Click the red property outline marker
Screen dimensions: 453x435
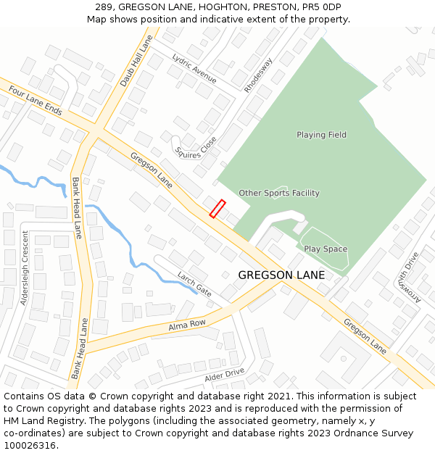(x=217, y=208)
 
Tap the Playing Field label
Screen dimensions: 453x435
(x=321, y=135)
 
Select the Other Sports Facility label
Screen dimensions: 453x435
(x=279, y=193)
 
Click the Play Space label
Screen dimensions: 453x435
(x=326, y=249)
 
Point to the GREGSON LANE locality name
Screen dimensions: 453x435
(x=281, y=275)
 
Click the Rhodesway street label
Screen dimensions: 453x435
(x=258, y=75)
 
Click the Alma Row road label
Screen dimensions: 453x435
(x=187, y=325)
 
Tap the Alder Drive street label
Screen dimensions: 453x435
(x=224, y=374)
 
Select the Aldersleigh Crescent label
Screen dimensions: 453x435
(x=25, y=268)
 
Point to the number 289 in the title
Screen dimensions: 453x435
(x=104, y=7)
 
